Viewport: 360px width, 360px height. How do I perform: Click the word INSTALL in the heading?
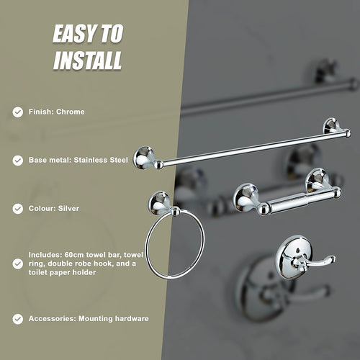point(88,60)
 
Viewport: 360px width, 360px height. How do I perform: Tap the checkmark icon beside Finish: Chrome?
point(17,112)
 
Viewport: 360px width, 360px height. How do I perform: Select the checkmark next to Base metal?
point(17,160)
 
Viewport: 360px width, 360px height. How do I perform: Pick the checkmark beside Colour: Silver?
point(17,208)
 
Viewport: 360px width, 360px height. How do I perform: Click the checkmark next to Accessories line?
point(17,318)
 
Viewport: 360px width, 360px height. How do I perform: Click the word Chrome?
point(71,112)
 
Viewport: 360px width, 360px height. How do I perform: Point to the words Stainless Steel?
point(103,160)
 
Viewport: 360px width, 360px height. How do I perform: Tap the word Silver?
point(68,208)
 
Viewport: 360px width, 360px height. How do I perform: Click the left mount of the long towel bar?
point(144,157)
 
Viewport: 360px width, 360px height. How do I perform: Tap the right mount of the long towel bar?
point(333,127)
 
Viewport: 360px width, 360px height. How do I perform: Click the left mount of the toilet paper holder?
point(247,197)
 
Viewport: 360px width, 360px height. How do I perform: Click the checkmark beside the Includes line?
point(17,262)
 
